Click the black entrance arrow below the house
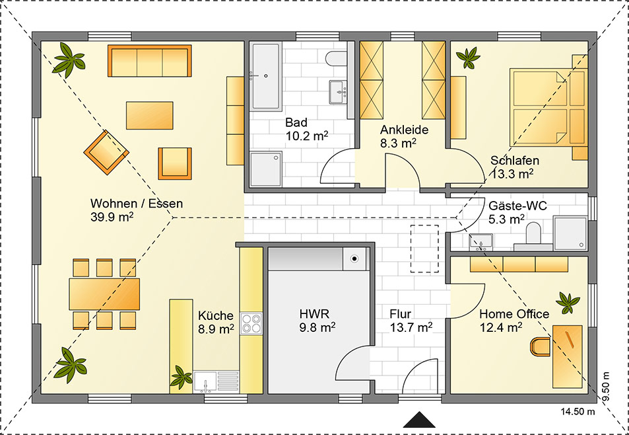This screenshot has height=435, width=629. pyautogui.click(x=419, y=420)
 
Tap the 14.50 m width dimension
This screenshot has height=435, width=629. pyautogui.click(x=578, y=412)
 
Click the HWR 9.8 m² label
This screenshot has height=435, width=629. pyautogui.click(x=317, y=321)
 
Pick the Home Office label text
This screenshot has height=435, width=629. pyautogui.click(x=514, y=314)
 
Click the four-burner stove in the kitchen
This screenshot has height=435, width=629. pyautogui.click(x=251, y=323)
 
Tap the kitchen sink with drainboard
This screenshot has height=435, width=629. pyautogui.click(x=216, y=381)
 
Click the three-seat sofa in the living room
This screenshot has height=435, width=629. pyautogui.click(x=150, y=61)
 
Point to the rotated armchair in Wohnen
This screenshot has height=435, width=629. pyautogui.click(x=106, y=153)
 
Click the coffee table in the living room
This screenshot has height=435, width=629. pyautogui.click(x=150, y=115)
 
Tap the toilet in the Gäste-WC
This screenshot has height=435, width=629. pyautogui.click(x=533, y=234)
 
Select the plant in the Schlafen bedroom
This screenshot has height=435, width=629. pyautogui.click(x=468, y=58)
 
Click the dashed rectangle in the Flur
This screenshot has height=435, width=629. pyautogui.click(x=424, y=249)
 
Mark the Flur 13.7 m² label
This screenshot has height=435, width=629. pyautogui.click(x=411, y=321)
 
